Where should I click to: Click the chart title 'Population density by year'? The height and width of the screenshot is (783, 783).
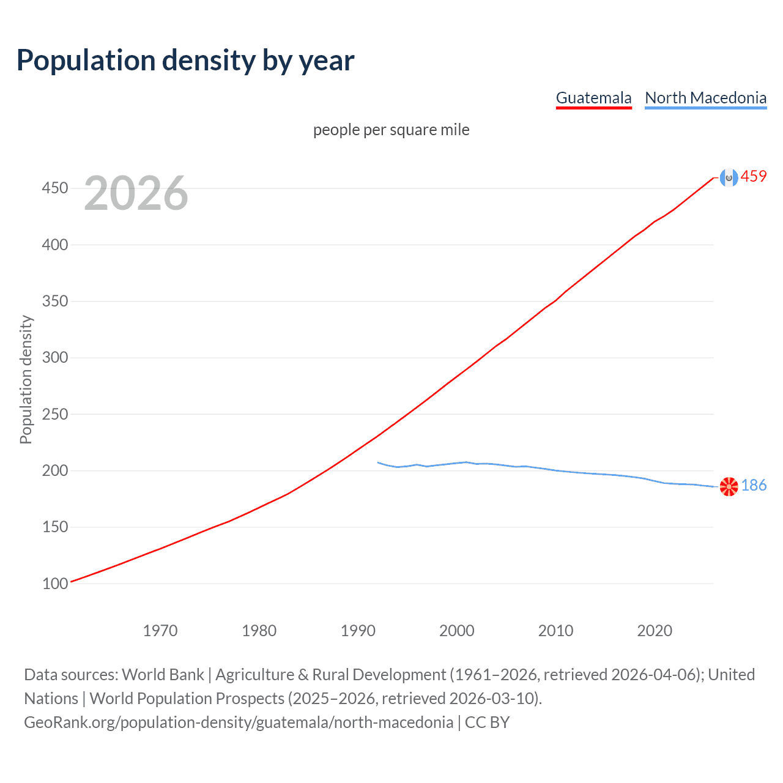tap(185, 61)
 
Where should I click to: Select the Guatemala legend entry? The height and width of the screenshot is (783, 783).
tap(593, 98)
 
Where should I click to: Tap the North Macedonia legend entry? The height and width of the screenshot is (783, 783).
tap(705, 98)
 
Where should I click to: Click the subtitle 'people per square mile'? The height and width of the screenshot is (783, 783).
tap(391, 130)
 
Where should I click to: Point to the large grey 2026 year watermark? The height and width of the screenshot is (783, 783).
tap(136, 193)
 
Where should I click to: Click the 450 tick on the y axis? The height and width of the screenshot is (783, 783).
tap(55, 188)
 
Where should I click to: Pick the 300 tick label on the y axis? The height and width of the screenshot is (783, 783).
tap(55, 357)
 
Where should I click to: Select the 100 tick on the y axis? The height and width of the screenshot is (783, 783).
tap(55, 584)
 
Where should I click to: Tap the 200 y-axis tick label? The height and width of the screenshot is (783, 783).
tap(55, 470)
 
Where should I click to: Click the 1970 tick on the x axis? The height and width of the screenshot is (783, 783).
tap(160, 631)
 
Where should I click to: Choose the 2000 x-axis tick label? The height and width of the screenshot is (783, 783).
tap(457, 631)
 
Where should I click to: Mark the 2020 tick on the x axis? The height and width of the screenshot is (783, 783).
tap(655, 631)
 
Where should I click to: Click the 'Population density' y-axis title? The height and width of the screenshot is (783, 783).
tap(26, 379)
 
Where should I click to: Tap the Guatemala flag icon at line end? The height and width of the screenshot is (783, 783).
tap(729, 177)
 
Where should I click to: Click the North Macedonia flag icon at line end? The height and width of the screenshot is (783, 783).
tap(729, 486)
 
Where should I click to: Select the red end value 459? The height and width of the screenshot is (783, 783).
tap(754, 177)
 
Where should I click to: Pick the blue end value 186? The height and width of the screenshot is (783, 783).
tap(754, 486)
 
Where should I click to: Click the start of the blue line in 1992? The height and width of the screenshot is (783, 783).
tap(378, 462)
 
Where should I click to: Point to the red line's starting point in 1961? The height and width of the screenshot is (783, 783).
tap(72, 582)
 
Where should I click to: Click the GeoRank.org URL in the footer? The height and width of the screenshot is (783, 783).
tap(239, 722)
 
